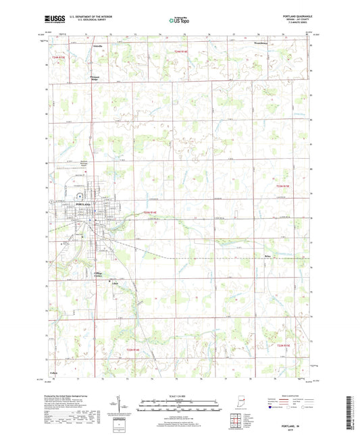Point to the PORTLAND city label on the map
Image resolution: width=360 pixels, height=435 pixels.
click(82, 203)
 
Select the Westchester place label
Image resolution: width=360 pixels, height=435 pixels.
click(260, 46)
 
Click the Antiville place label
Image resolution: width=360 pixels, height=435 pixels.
click(96, 47)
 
